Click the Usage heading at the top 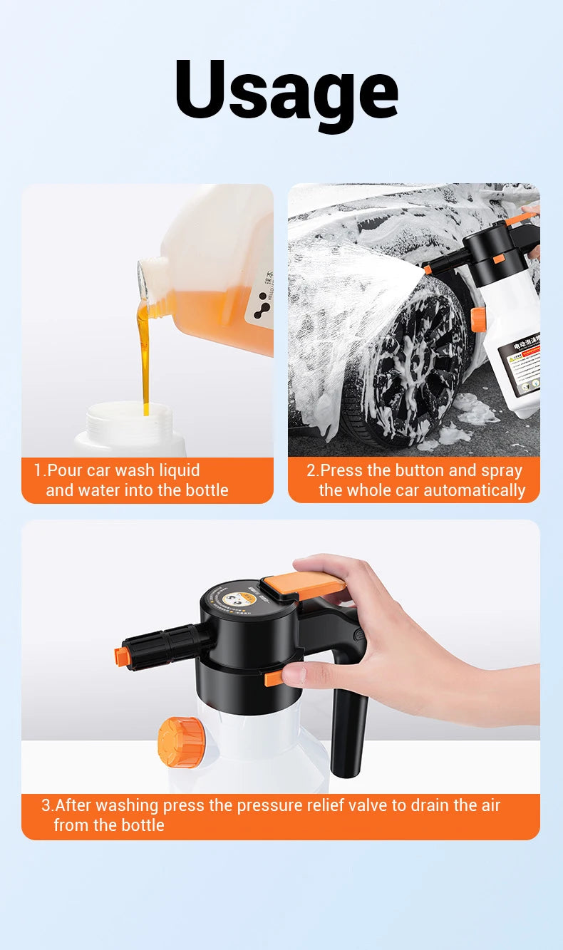click(x=286, y=90)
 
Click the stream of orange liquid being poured click(x=145, y=356)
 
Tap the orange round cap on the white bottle click(x=180, y=743)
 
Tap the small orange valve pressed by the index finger click(x=274, y=678)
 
